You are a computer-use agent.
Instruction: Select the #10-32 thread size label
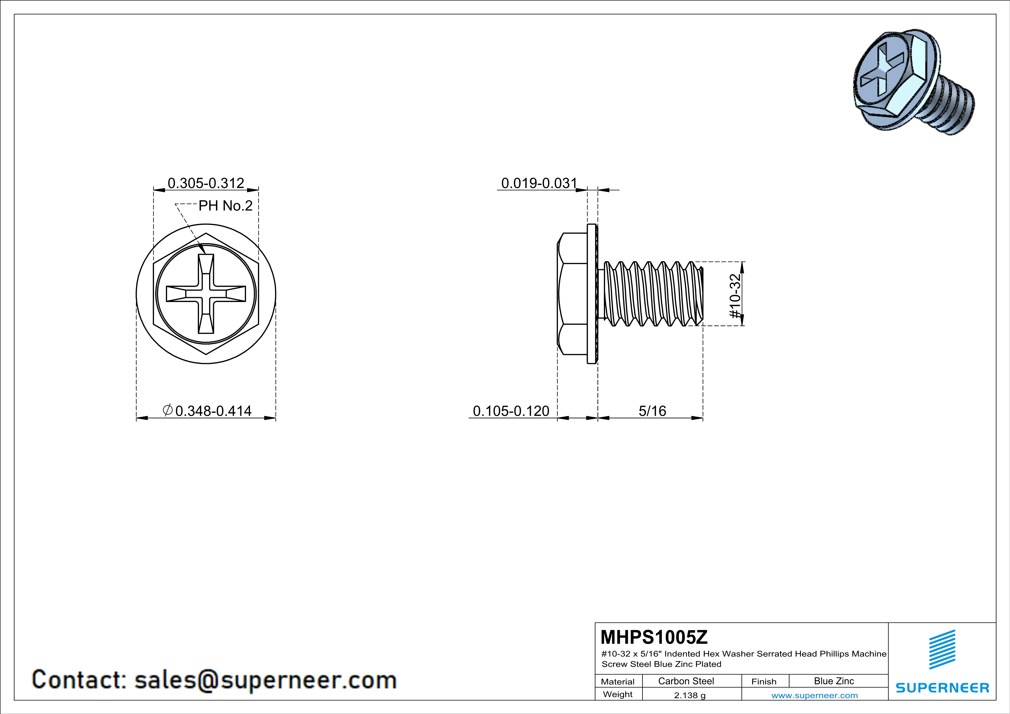[735, 296]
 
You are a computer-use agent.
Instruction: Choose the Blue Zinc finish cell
[834, 681]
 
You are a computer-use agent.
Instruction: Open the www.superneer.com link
[815, 695]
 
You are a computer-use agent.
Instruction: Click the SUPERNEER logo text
[942, 688]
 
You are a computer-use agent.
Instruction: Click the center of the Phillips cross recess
[206, 294]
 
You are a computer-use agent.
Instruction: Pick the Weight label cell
[618, 694]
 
